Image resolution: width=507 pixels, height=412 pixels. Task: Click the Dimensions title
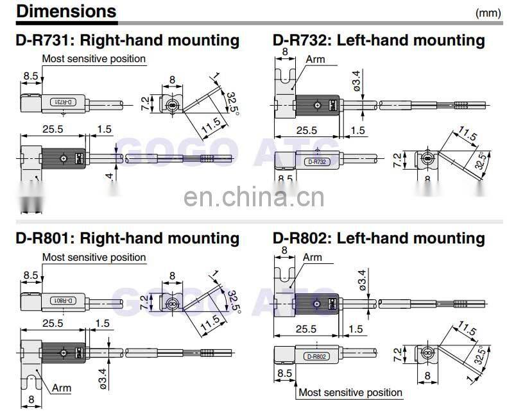coord(66,12)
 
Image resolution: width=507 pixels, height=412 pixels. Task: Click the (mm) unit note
coord(488,13)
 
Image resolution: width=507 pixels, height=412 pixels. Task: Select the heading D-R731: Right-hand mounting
coord(127,40)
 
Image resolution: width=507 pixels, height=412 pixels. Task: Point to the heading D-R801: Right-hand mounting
coord(127,238)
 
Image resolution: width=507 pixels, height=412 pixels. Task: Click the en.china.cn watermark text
coord(254,199)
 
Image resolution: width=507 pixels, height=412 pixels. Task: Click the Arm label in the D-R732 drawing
coord(315,60)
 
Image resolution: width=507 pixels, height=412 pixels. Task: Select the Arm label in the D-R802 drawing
coord(312,258)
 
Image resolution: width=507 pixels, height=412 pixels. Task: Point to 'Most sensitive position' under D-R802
coord(350,392)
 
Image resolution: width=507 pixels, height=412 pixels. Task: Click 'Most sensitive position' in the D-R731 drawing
coord(94,59)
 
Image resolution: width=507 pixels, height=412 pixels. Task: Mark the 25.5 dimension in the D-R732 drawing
coord(306,131)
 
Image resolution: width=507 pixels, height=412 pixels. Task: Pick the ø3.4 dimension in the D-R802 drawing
coord(363,281)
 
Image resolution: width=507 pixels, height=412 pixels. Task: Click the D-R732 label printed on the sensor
coord(317,163)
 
